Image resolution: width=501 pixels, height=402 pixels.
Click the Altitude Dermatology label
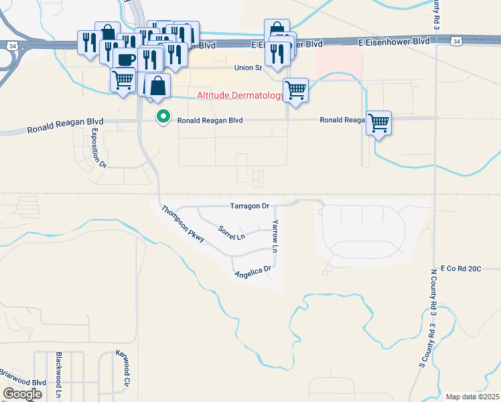click(x=240, y=96)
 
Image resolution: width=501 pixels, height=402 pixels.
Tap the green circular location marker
click(x=163, y=117)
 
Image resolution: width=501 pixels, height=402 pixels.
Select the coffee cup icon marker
click(x=125, y=59)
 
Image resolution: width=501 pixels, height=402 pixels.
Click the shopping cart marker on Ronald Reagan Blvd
click(x=379, y=123)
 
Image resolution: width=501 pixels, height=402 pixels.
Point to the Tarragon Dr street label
click(x=249, y=206)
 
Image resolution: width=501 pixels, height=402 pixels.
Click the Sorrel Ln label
click(x=232, y=233)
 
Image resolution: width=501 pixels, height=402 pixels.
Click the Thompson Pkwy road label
click(x=182, y=223)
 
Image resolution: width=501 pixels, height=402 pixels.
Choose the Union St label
click(x=246, y=68)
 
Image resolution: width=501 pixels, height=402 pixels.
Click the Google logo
click(x=22, y=394)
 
